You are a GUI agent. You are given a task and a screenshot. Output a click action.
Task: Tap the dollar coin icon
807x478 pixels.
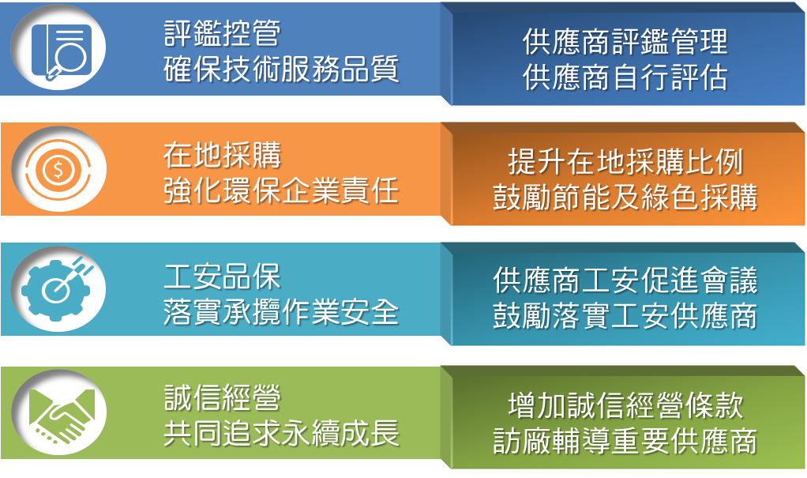(58, 169)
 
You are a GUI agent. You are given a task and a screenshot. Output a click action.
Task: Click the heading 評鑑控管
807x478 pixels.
(223, 33)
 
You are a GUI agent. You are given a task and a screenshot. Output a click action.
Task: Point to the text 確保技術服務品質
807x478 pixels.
(282, 69)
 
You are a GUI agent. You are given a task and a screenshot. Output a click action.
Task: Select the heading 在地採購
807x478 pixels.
(223, 155)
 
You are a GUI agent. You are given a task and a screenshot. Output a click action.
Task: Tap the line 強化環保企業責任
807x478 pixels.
(282, 190)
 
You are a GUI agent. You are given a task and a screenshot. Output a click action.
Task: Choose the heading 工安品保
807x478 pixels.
(223, 277)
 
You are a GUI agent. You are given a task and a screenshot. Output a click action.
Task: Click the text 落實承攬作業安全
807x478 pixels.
(282, 312)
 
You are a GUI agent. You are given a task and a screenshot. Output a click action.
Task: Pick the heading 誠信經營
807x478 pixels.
(223, 397)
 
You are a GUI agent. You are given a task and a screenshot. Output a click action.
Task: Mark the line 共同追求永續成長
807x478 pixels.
(282, 433)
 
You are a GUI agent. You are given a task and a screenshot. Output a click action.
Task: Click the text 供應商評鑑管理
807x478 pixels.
(625, 41)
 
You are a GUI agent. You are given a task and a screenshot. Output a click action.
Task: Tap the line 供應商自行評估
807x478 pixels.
(625, 77)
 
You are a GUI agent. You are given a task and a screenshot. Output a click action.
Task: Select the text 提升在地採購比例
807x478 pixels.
(625, 162)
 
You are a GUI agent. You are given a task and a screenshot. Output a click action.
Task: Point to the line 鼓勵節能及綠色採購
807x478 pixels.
(625, 198)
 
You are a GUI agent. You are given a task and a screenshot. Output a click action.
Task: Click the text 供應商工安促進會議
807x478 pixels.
(625, 280)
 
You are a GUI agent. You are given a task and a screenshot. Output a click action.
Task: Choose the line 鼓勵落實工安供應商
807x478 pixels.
(625, 316)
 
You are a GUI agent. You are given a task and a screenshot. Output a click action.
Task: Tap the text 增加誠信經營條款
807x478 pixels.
(625, 405)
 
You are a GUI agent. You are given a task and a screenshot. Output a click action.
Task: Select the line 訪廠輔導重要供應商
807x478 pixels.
(625, 441)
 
